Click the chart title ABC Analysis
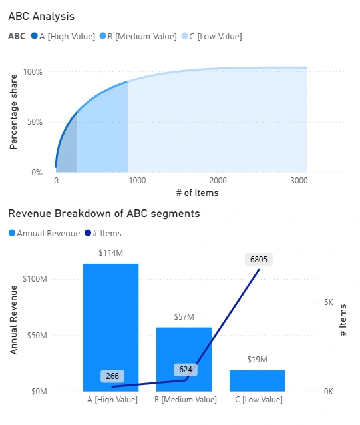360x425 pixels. point(41,16)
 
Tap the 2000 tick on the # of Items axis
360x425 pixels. point(217,181)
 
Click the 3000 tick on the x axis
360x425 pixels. point(299,181)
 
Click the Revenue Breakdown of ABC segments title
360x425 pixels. point(104,214)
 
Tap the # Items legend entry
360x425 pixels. point(106,233)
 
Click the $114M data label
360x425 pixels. point(110,253)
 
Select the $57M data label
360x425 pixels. point(184,317)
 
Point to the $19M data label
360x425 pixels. point(257,360)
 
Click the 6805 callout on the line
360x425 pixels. point(259,260)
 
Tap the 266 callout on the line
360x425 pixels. point(111,376)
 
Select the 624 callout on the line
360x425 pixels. point(186,370)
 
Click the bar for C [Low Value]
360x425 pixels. point(257,380)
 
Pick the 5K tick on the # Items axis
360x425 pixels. point(327,302)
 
